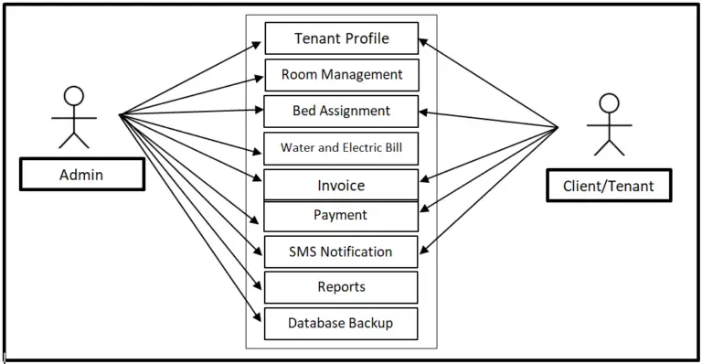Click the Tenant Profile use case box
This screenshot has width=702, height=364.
341,38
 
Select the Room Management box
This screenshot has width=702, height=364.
341,74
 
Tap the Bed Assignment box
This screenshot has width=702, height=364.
341,111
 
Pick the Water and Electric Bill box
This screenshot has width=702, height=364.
341,147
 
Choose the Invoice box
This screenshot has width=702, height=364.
341,185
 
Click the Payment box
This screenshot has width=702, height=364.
341,215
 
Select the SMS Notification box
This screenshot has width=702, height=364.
341,252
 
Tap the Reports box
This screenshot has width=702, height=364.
341,287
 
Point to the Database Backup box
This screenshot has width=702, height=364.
341,323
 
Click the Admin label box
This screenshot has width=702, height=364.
81,174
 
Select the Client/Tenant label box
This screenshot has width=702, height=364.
600,186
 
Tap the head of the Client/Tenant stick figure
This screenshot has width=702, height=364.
608,102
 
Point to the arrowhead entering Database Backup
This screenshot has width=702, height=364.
260,317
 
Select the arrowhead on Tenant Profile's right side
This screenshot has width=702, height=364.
423,41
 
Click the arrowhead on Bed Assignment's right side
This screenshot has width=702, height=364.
423,112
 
